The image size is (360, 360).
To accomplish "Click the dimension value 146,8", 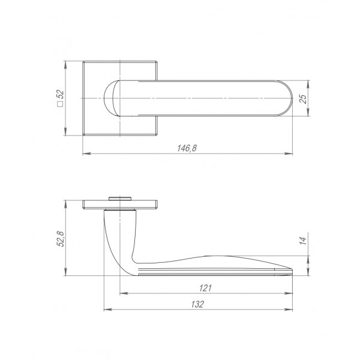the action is pyautogui.click(x=187, y=148).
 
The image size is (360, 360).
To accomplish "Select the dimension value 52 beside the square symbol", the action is pyautogui.click(x=61, y=95).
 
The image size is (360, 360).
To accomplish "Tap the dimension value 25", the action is pyautogui.click(x=303, y=99).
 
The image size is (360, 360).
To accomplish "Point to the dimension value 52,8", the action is pyautogui.click(x=61, y=239).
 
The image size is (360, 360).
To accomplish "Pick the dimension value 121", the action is pyautogui.click(x=205, y=288).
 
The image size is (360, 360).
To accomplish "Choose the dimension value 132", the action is pyautogui.click(x=197, y=304).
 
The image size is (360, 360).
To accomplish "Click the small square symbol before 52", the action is pyautogui.click(x=61, y=104).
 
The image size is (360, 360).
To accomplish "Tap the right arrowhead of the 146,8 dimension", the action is pyautogui.click(x=289, y=154).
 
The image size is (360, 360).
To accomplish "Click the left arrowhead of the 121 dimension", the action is pyautogui.click(x=124, y=293).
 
